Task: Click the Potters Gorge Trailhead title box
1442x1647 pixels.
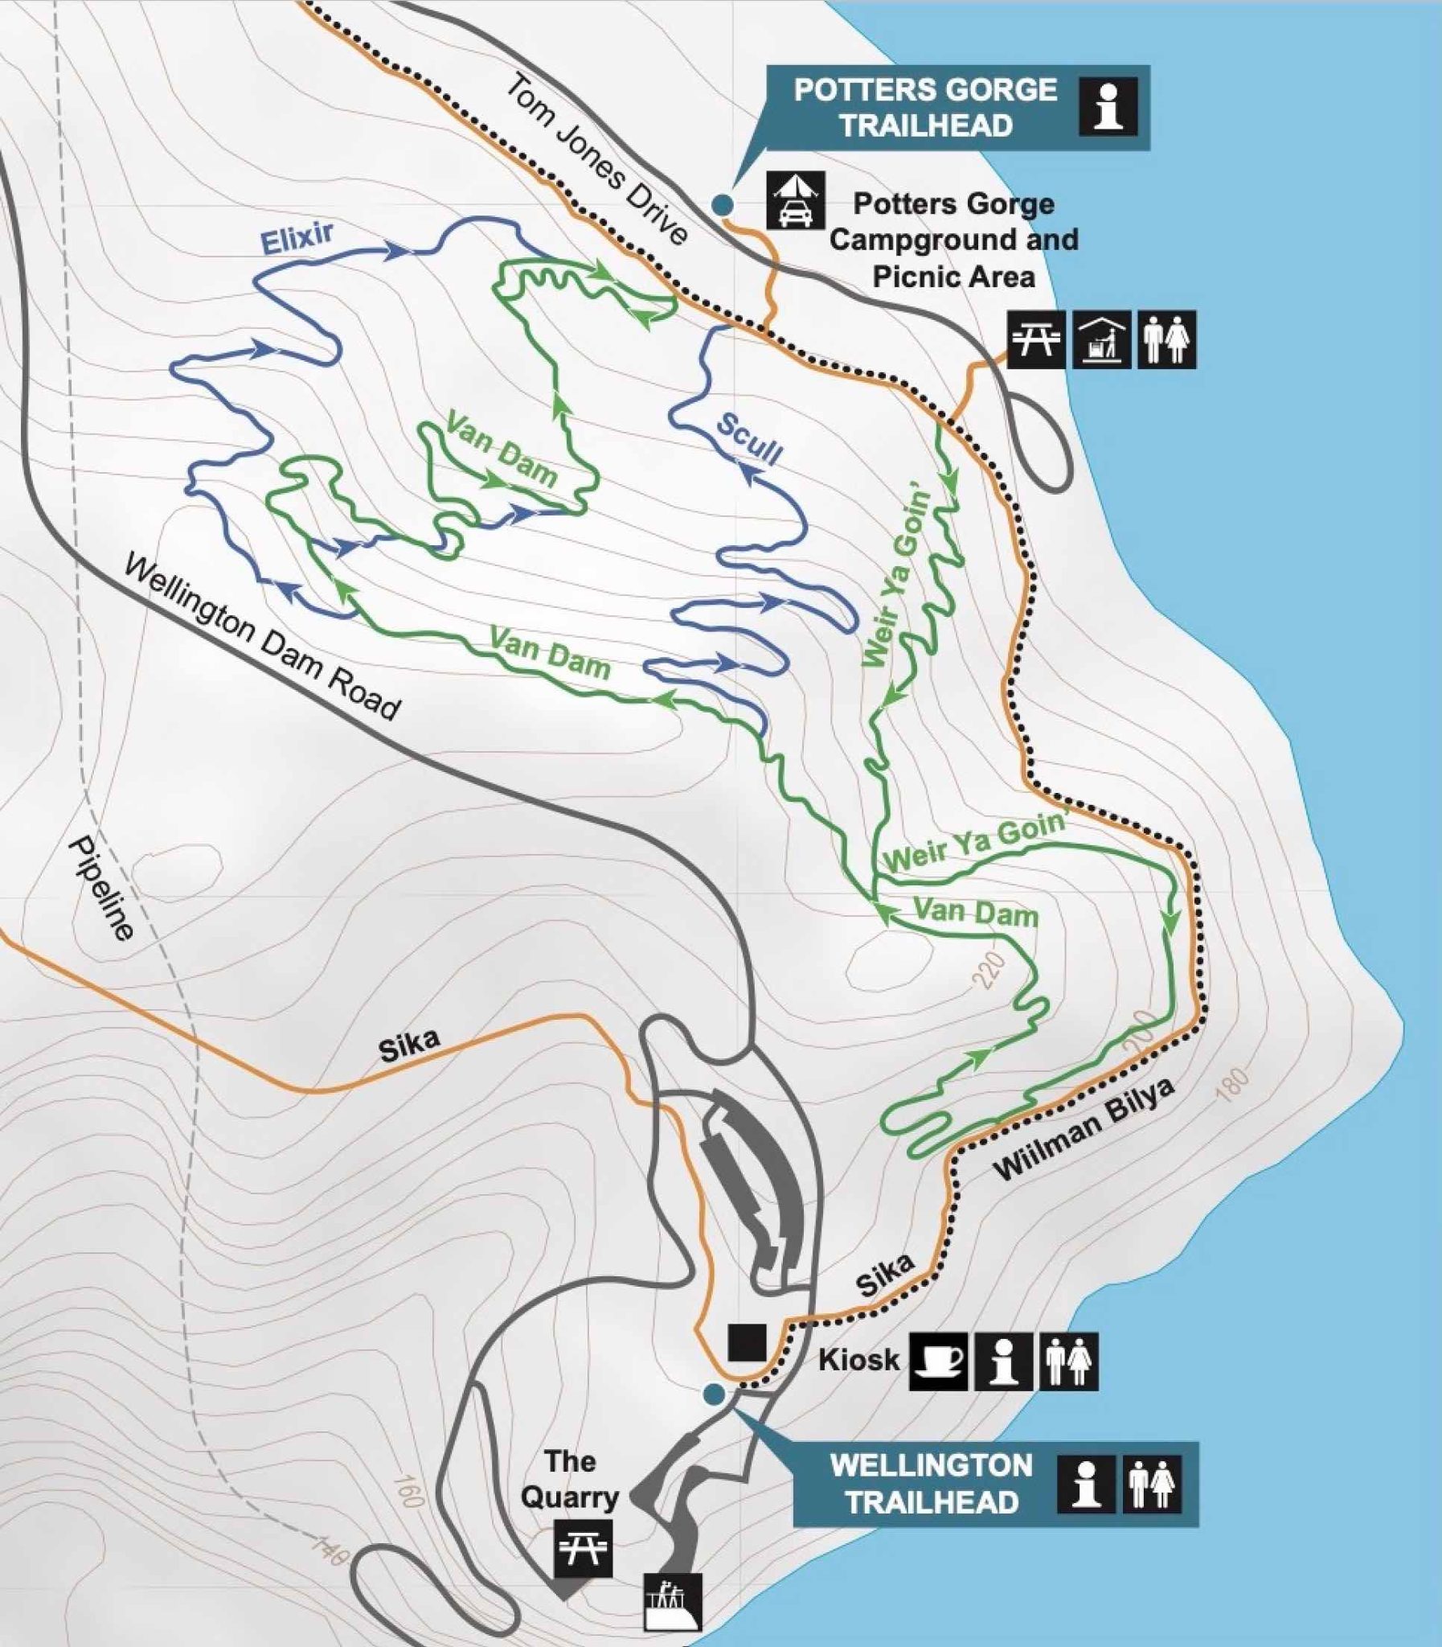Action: [925, 108]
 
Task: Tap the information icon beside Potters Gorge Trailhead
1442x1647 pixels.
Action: [1109, 105]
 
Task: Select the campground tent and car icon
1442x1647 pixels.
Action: [795, 200]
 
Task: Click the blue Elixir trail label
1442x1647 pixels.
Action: [296, 239]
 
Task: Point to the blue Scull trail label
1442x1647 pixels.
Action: [749, 440]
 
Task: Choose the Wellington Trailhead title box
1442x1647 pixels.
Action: [931, 1484]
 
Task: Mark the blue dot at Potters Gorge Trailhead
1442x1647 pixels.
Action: [723, 204]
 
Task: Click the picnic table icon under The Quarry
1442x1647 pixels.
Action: [582, 1548]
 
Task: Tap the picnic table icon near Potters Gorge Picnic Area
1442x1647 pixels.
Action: [1036, 339]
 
